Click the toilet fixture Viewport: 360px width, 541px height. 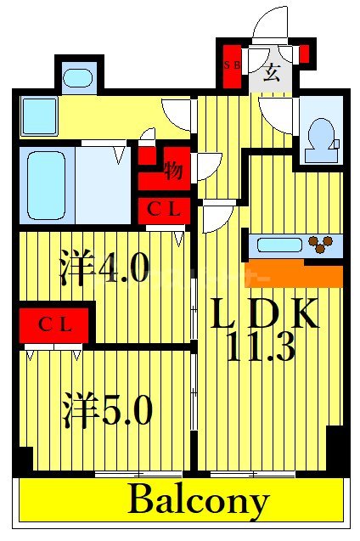coord(321,135)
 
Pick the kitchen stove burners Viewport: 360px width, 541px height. coord(321,245)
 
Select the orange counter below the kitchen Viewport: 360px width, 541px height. coord(293,275)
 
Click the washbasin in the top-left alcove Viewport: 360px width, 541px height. coord(78,78)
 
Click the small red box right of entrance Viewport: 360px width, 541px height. coord(304,54)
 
